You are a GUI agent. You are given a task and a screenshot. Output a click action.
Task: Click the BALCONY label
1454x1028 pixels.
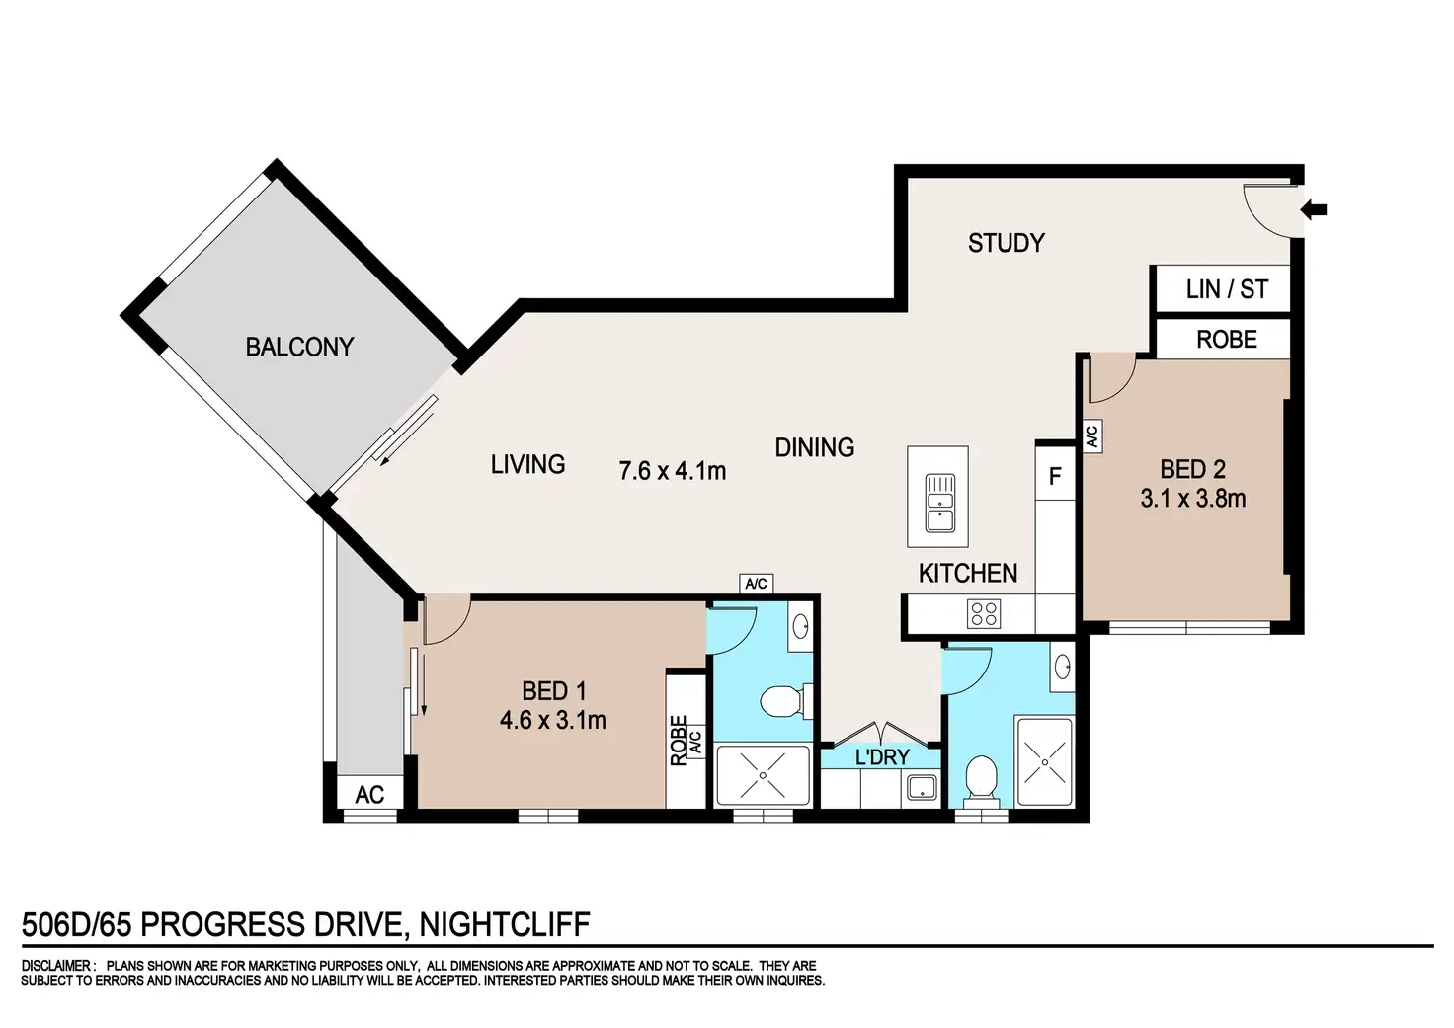coord(299,348)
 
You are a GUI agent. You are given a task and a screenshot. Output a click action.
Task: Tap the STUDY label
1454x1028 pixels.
coord(1007,243)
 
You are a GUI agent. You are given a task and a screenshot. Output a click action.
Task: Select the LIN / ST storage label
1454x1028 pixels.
coord(1227,289)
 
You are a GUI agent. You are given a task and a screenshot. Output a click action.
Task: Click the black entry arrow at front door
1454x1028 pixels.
coord(1314,209)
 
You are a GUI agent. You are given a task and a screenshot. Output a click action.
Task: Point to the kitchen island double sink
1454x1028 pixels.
coord(940,503)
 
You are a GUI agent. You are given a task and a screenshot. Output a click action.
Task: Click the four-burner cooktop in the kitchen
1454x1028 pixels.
coord(984,614)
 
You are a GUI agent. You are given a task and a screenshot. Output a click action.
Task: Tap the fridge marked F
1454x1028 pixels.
coord(1055,477)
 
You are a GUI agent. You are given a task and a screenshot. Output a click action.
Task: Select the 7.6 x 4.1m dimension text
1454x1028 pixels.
coord(673,471)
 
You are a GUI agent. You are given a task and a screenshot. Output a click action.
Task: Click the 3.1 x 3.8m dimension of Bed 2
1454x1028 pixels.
coord(1193,499)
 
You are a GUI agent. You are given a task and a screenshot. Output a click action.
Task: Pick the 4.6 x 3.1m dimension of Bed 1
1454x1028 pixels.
coord(553,720)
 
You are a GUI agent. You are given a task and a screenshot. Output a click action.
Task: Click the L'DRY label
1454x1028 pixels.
coord(882,756)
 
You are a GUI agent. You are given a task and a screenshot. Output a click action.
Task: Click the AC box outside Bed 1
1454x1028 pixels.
coord(369,794)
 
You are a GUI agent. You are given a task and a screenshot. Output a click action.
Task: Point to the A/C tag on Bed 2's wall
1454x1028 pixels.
coord(1091,435)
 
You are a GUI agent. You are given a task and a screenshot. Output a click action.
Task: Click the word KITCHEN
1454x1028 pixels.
coord(968,573)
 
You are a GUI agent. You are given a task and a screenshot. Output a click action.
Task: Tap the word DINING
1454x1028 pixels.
coord(815,447)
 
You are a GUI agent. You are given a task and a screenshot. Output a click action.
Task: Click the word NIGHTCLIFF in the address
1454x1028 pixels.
coord(505,925)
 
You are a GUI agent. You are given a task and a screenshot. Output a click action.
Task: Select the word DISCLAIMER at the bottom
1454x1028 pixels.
coord(56,966)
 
